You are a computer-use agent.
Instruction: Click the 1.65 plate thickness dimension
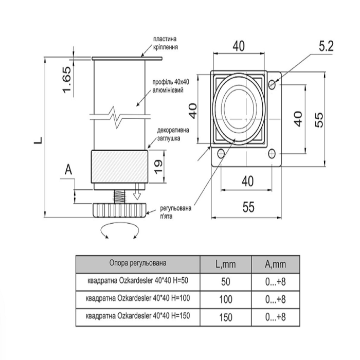[67, 80]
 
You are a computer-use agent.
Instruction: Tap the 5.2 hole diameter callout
[326, 47]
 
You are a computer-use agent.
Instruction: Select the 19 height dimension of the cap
[158, 167]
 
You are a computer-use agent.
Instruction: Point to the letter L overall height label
[38, 140]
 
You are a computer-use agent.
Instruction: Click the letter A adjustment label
[68, 170]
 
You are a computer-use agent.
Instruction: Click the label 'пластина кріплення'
[165, 43]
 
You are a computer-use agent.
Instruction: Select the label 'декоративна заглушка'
[173, 134]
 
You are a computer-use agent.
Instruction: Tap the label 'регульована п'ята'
[176, 212]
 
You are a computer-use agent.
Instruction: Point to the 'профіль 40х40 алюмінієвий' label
[171, 86]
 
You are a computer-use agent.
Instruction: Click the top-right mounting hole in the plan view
[272, 84]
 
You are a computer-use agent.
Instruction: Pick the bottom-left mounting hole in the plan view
[221, 153]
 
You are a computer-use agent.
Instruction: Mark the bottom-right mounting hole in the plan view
[272, 153]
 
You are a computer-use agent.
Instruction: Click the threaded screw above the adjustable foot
[119, 196]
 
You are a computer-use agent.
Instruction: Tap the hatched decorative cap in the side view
[119, 167]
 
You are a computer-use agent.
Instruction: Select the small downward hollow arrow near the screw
[137, 191]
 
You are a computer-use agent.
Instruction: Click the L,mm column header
[225, 264]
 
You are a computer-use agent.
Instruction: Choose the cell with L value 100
[226, 299]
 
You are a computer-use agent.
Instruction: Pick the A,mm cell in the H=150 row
[276, 317]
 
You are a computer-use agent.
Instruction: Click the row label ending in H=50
[138, 281]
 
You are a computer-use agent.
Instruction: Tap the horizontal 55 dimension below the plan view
[248, 207]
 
